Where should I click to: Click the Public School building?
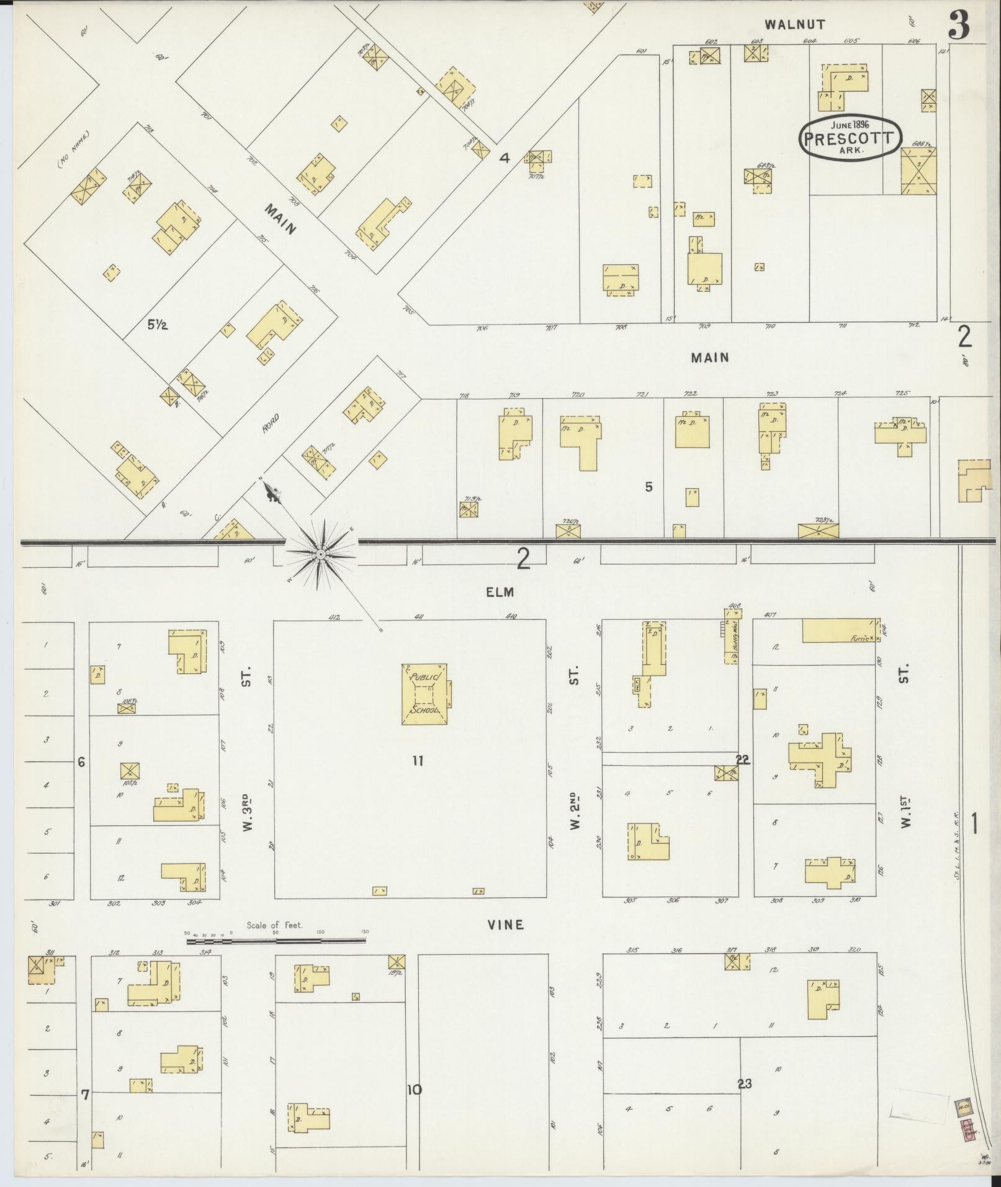425,694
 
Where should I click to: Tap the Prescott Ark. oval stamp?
850,138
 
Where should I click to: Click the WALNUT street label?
795,25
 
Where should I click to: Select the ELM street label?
500,592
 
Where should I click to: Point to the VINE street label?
505,925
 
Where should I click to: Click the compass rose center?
320,553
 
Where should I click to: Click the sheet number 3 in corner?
958,26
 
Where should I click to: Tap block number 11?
418,761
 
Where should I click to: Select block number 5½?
157,324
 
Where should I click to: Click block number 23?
745,1083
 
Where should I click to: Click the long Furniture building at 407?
840,631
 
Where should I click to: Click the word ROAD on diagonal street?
271,423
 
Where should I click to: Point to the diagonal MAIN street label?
281,219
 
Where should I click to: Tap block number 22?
743,759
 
